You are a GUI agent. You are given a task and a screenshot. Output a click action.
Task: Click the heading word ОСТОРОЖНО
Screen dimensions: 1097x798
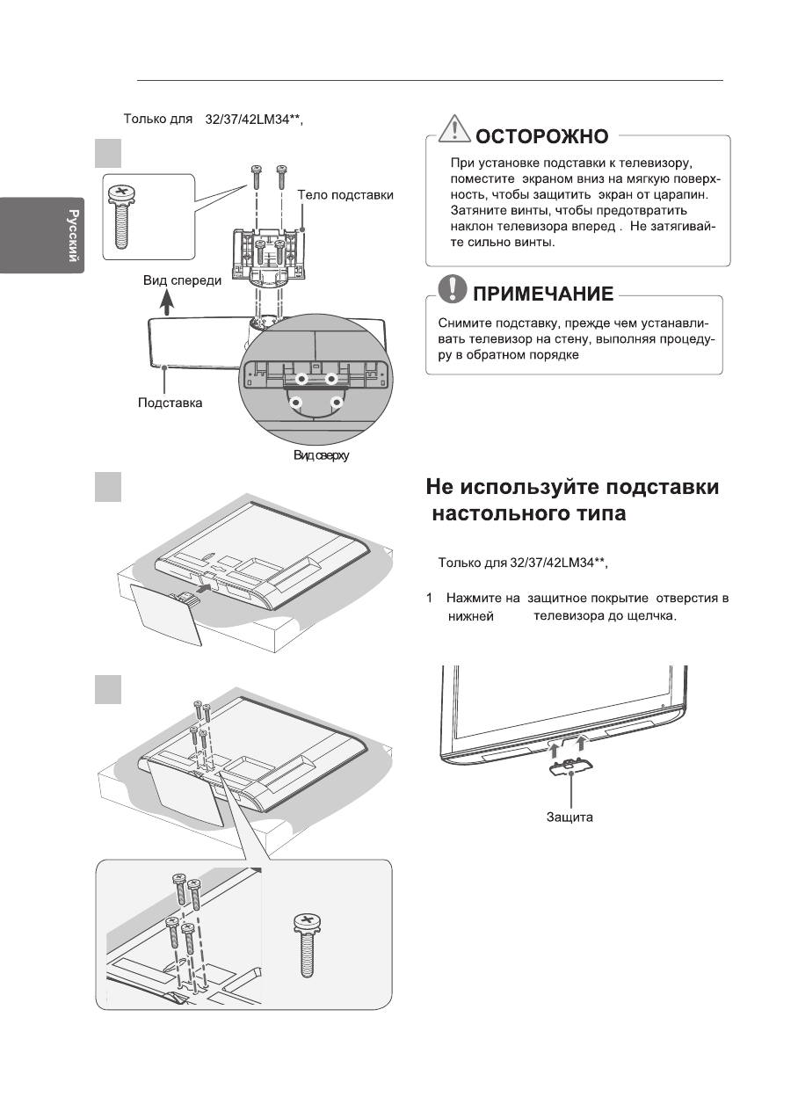click(541, 136)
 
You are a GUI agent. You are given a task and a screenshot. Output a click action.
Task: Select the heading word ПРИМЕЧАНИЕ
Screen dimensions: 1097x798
click(543, 293)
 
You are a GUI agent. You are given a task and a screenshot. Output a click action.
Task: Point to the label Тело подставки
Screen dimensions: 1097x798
click(345, 194)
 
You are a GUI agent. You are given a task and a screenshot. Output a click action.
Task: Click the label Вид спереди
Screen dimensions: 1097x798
click(183, 281)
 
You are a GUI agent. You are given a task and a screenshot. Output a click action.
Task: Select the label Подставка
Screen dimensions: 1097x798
click(170, 403)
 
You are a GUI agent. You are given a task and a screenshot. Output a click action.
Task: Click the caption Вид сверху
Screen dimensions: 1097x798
click(322, 457)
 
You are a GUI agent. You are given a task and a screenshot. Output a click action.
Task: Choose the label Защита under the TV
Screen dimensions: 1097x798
click(569, 817)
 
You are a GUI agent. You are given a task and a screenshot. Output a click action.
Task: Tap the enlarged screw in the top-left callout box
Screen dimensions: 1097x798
click(122, 215)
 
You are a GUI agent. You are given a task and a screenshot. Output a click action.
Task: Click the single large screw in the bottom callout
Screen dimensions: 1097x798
click(307, 946)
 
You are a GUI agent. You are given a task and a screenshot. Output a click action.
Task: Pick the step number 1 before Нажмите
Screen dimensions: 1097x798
click(430, 599)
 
